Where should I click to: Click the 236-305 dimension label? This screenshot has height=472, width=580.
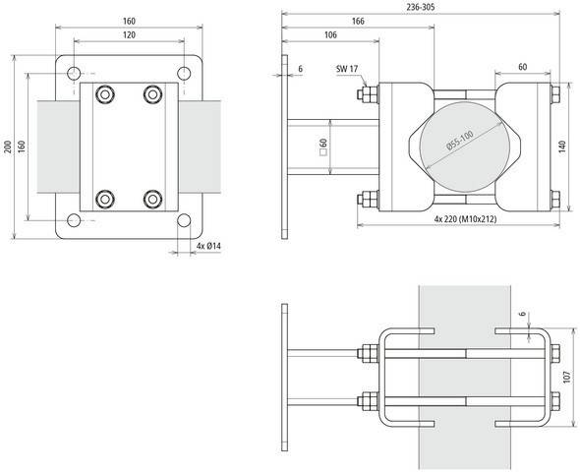pos(421,7)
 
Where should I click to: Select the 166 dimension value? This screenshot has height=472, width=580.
pos(358,21)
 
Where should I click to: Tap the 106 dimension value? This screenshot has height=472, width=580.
pos(330,34)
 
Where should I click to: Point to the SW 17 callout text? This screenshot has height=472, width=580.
pos(347,69)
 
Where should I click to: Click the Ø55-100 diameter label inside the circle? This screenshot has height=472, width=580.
pos(460,141)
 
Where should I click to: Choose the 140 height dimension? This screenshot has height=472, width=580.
pos(562,147)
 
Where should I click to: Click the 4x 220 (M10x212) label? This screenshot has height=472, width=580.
pos(465,219)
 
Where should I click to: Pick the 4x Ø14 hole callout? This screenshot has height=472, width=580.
pos(208,246)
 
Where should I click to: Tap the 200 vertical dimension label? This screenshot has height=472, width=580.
pos(7,147)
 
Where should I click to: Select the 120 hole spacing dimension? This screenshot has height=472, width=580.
pos(129,34)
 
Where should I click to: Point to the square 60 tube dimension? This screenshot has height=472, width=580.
pos(322,147)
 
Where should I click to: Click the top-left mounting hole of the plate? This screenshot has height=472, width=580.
pos(74,73)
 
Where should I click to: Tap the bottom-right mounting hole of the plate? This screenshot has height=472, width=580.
pos(184,220)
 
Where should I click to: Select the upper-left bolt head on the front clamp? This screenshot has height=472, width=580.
pos(105,94)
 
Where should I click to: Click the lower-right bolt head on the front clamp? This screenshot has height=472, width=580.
pos(152,199)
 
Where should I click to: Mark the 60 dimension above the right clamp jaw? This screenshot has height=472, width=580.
pos(522,67)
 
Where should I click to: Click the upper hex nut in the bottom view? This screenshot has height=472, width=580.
pos(368,353)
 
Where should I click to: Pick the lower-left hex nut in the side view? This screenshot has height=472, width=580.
pos(368,199)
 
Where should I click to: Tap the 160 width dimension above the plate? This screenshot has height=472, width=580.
pos(129,21)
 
